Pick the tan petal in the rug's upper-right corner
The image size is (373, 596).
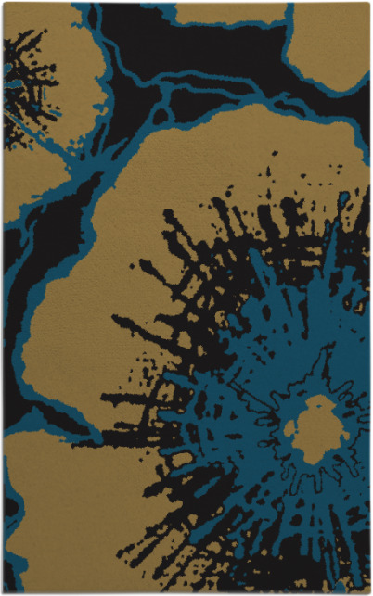334,46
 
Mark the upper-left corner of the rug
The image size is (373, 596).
3,3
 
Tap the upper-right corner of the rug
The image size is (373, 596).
369,3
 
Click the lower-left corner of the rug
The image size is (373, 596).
3,592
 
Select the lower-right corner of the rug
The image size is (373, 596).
369,592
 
